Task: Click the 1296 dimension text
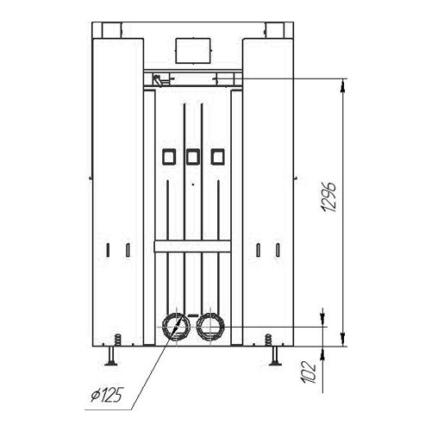[x=328, y=197]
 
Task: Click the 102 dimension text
[x=308, y=372]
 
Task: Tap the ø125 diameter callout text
[x=107, y=395]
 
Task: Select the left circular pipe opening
[x=176, y=327]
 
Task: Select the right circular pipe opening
[x=210, y=327]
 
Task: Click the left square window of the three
[x=169, y=157]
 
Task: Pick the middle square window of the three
[x=193, y=157]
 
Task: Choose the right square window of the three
[x=217, y=157]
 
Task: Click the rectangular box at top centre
[x=193, y=51]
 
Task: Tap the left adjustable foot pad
[x=111, y=364]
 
